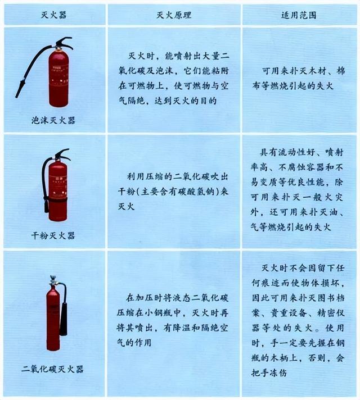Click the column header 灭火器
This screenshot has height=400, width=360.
[53, 15]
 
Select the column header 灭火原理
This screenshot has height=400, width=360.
[174, 15]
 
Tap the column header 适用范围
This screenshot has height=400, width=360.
[299, 15]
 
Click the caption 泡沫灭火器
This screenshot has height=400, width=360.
[53, 120]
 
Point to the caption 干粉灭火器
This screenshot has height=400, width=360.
[53, 235]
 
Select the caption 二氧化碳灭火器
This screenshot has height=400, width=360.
[53, 369]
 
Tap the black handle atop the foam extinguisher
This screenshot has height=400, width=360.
[65, 42]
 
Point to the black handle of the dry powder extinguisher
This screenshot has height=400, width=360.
[62, 154]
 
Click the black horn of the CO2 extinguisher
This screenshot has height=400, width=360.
[64, 319]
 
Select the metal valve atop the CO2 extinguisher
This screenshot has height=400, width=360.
[53, 280]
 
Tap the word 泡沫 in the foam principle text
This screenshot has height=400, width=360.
[164, 71]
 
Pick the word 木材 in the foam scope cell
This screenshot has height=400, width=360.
[318, 71]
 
